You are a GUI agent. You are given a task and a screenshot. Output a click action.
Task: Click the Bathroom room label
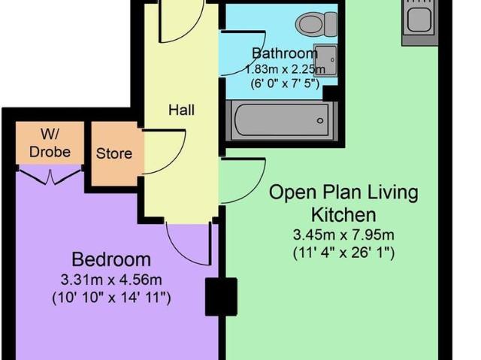point(285,53)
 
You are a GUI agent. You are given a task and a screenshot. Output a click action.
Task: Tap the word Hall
point(181,110)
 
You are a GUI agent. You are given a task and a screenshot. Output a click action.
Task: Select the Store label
point(114,153)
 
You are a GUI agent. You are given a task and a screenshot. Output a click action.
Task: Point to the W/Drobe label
point(50,144)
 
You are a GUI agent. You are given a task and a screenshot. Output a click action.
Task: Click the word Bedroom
point(111,259)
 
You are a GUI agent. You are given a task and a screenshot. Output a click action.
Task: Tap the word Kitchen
point(343,215)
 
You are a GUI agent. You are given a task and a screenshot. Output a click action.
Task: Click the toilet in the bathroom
point(316,24)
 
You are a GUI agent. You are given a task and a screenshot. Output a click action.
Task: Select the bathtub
point(282,120)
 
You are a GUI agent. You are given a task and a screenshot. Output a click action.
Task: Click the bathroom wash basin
point(325,60)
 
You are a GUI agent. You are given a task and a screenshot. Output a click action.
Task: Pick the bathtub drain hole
point(320,120)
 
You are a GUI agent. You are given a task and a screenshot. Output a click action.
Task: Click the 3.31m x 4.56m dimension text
point(111,280)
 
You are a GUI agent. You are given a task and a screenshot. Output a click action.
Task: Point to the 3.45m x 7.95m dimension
point(343,235)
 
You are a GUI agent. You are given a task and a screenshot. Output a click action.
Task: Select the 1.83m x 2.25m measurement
point(285,69)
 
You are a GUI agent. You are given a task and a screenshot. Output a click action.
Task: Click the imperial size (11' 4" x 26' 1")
point(343,253)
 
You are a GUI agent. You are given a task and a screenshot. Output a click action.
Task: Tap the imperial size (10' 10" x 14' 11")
point(111,298)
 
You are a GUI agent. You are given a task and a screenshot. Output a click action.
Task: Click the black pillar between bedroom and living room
point(221,297)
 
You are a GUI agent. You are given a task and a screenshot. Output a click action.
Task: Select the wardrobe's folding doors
point(50,175)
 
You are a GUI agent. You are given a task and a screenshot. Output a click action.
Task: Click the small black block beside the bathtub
point(330,93)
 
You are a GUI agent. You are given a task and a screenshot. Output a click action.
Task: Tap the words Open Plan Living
point(343,192)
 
